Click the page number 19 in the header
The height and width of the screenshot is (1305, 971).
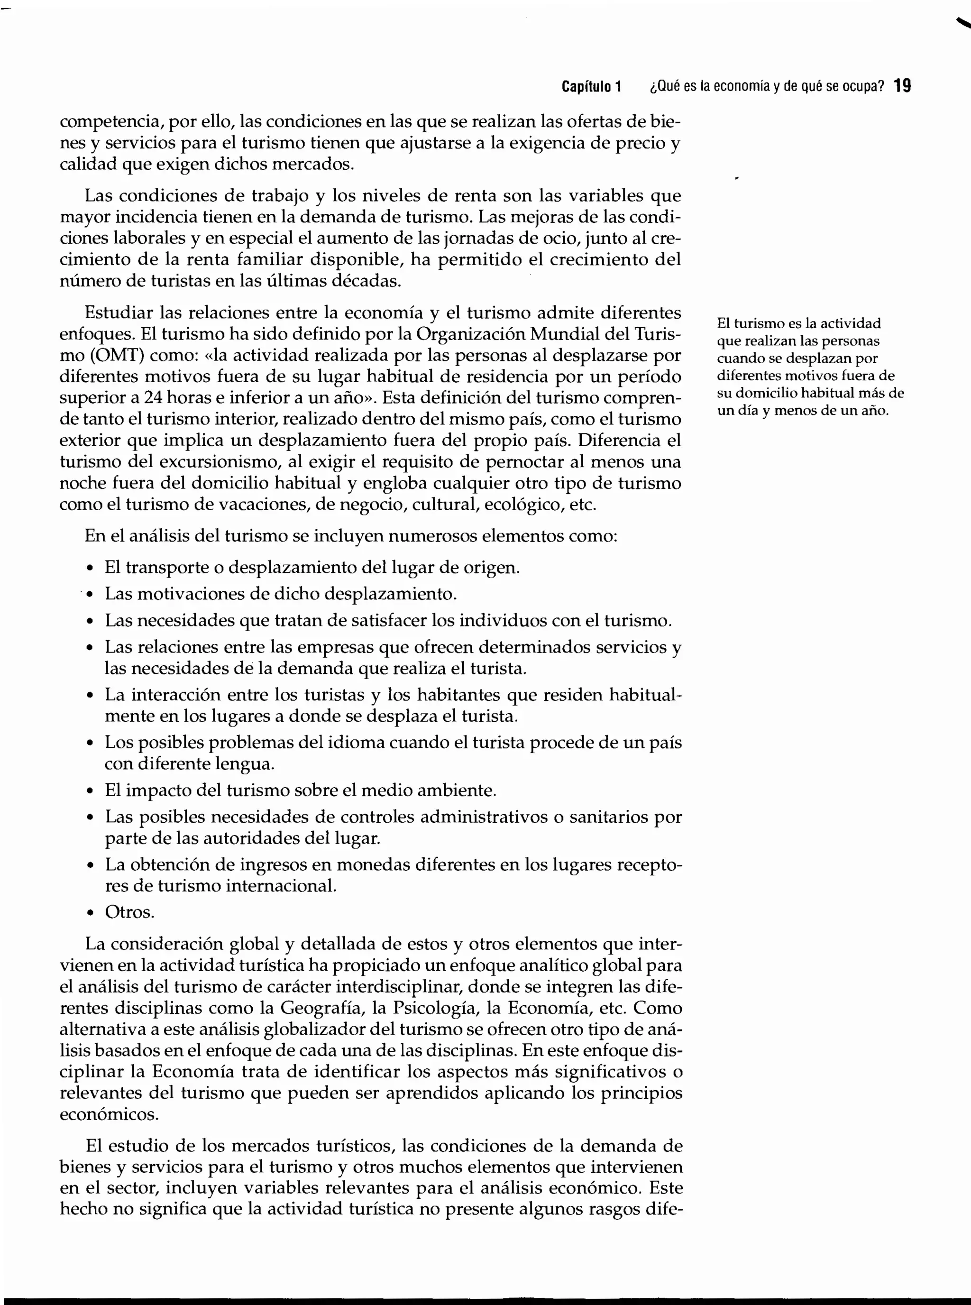click(902, 86)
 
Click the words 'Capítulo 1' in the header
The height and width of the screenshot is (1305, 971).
click(591, 87)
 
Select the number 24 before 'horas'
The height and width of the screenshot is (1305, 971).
click(153, 398)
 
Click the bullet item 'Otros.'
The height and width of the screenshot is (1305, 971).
click(129, 912)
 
